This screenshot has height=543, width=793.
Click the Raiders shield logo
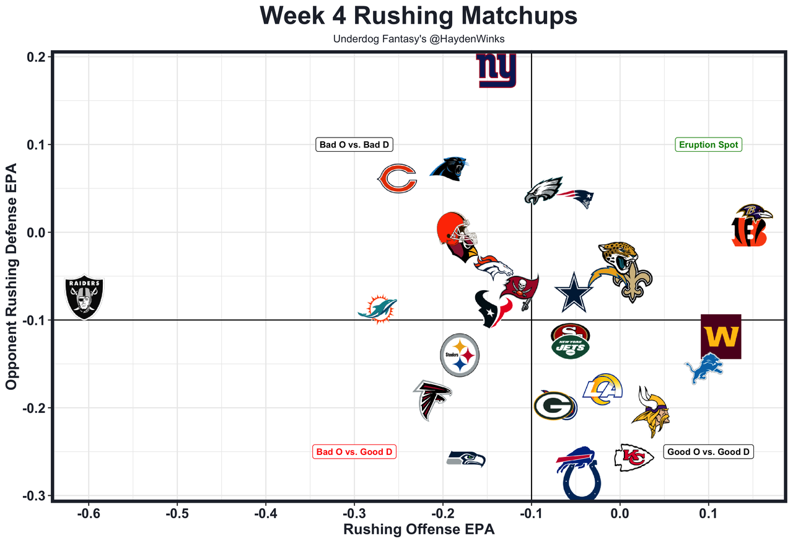[85, 298]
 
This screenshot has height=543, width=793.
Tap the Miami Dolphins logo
[378, 308]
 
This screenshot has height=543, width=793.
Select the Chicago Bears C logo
[396, 179]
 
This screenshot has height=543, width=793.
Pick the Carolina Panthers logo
[449, 168]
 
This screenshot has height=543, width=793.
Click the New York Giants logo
[496, 71]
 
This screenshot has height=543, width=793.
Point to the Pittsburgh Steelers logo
[460, 355]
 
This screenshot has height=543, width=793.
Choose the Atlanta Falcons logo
[432, 399]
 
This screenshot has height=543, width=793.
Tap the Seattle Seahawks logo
[467, 459]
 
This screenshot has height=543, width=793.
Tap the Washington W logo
[721, 337]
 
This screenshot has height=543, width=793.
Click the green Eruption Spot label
[708, 145]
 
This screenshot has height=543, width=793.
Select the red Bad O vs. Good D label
[354, 452]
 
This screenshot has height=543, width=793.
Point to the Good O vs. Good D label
[708, 452]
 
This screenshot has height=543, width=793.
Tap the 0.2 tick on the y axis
[37, 57]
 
